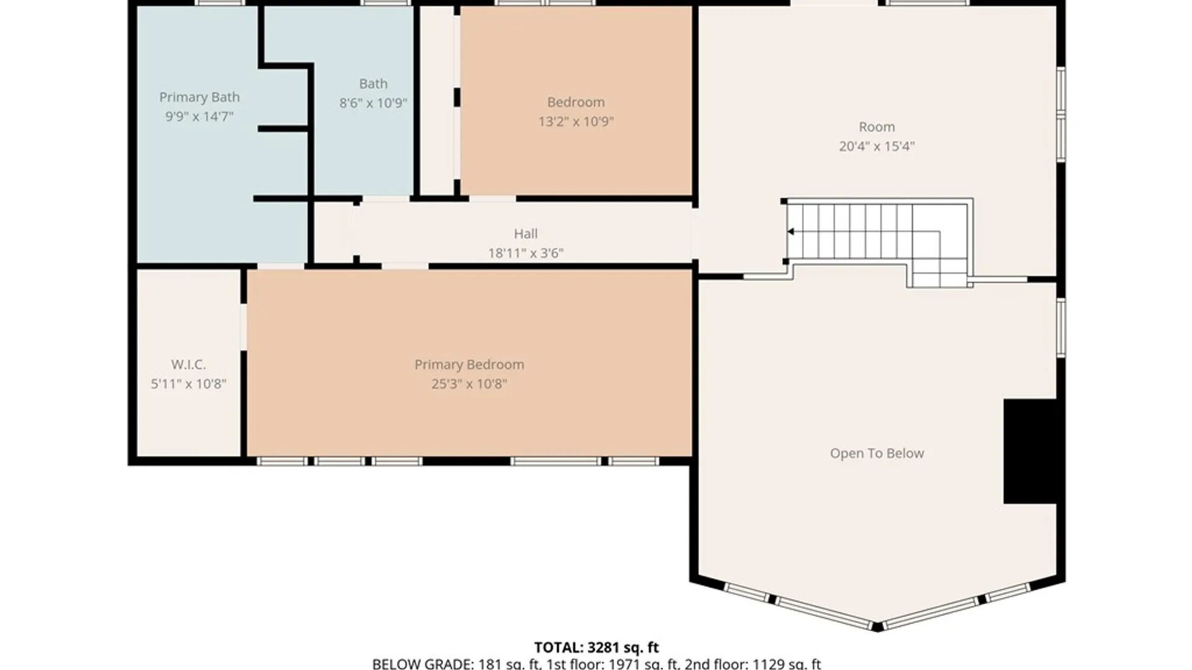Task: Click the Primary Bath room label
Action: tap(199, 97)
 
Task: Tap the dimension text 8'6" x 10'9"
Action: tap(373, 103)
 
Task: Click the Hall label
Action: tap(525, 234)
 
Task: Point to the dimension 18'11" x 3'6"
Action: tap(525, 253)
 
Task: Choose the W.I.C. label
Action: tap(188, 364)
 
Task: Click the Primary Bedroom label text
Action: tap(469, 364)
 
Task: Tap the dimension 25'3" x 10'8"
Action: tap(469, 384)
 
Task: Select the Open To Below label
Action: tap(877, 453)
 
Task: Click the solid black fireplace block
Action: tap(1030, 451)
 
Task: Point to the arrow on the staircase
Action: tap(791, 232)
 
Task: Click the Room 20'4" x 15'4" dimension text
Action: tap(877, 146)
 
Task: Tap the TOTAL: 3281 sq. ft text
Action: tap(596, 648)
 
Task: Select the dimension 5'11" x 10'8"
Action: tap(188, 384)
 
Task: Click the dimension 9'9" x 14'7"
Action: tap(199, 117)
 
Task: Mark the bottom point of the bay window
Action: tap(877, 627)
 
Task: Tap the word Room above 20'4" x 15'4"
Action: tap(877, 127)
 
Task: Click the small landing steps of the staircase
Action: tap(939, 272)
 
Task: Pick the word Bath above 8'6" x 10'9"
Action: tap(373, 84)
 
